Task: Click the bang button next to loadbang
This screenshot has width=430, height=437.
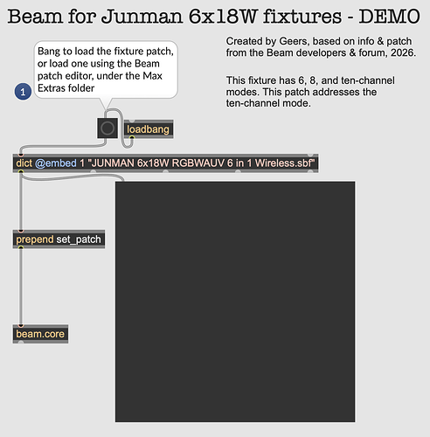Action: [107, 128]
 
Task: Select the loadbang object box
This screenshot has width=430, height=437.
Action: [149, 129]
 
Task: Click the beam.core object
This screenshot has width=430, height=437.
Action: [40, 334]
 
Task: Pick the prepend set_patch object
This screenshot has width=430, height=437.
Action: [59, 239]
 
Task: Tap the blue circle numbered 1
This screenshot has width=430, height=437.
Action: [23, 92]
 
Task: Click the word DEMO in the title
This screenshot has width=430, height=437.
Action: [389, 17]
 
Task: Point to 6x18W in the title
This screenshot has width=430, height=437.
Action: [223, 17]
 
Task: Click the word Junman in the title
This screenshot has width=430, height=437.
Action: [142, 17]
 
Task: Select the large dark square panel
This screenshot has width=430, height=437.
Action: [235, 302]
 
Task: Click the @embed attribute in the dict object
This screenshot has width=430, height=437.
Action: [56, 163]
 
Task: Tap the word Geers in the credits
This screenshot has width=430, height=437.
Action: [294, 41]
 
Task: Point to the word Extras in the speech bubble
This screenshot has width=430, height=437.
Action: [52, 88]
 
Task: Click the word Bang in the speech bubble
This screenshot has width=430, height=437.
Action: [49, 52]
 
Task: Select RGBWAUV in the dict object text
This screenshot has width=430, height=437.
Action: [198, 163]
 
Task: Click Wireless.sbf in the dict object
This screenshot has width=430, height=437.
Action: [285, 163]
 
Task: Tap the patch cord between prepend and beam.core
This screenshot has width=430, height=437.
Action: [21, 286]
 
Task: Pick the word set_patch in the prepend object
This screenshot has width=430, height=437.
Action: [79, 239]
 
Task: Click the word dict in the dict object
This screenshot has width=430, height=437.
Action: [24, 163]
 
